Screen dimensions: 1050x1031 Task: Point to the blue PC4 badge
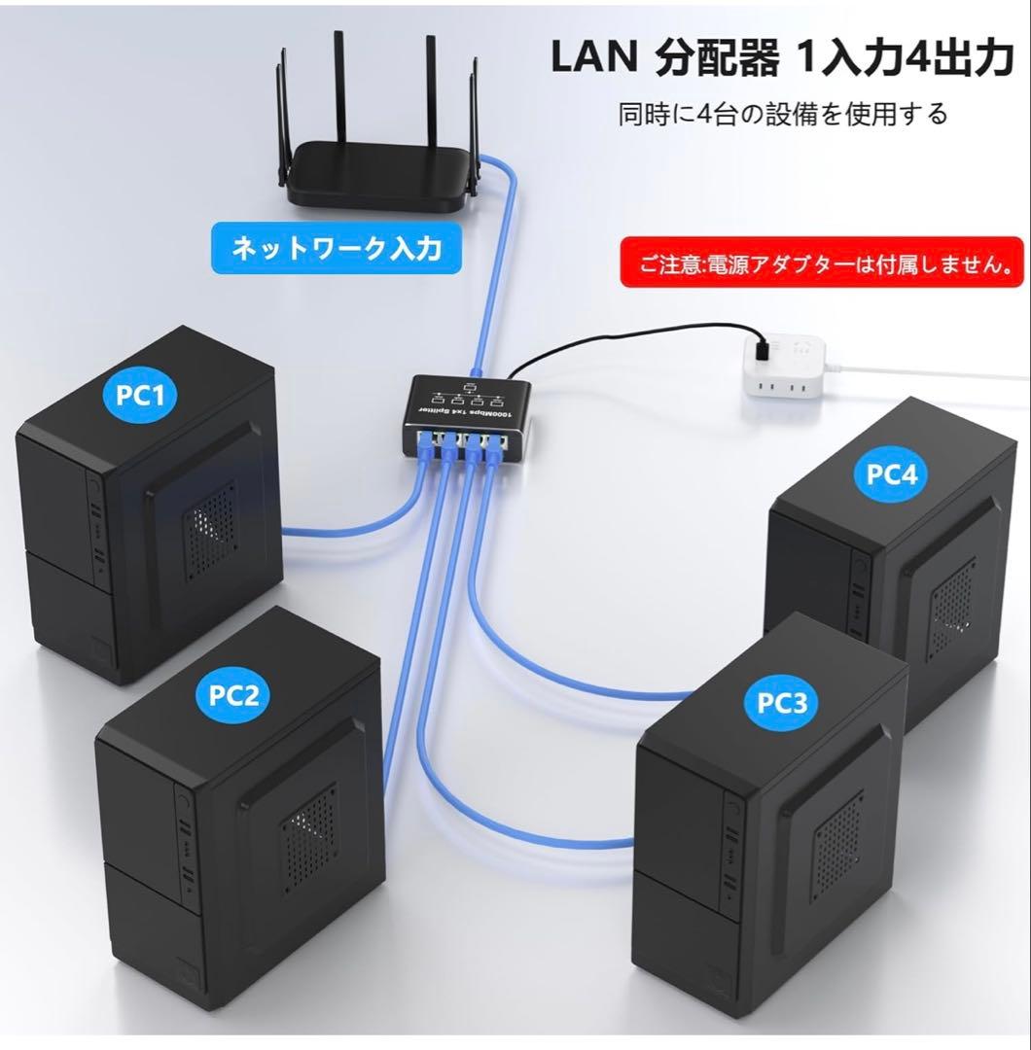point(890,475)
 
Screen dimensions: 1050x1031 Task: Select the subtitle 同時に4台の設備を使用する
point(782,115)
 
